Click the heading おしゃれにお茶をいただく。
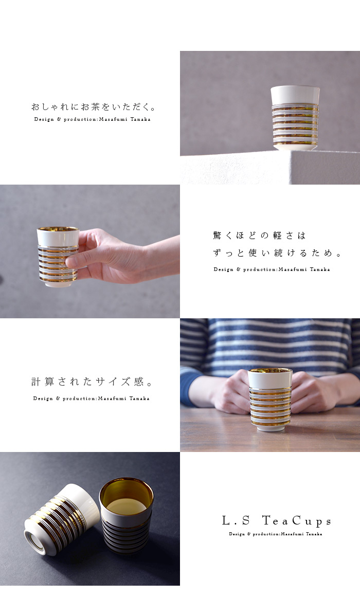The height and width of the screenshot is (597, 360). [94, 107]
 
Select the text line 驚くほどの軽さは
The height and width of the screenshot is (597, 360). [259, 236]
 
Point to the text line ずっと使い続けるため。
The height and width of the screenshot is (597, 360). [277, 253]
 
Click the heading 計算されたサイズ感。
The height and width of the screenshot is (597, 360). [92, 382]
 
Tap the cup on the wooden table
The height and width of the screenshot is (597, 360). [270, 400]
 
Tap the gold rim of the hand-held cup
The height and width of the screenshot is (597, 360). [58, 229]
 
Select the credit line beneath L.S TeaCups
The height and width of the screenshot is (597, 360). [276, 534]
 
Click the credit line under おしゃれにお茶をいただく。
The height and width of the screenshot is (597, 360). [92, 119]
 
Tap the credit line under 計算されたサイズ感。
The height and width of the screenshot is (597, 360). [92, 399]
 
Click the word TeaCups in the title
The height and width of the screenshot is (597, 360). [297, 520]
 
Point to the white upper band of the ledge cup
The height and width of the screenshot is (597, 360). [295, 96]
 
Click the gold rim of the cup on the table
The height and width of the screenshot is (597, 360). [270, 370]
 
